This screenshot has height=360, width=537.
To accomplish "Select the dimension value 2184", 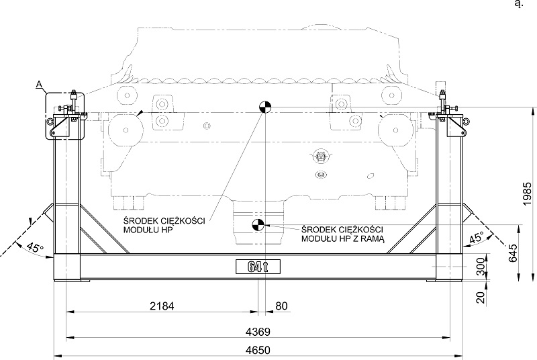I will coord(161,306).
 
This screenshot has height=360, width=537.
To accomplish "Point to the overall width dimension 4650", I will coord(259,351).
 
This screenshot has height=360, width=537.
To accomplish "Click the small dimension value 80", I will coord(281,306).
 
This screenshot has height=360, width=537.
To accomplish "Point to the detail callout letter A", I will coord(40,84).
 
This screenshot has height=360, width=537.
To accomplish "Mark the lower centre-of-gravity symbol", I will coord(256,226).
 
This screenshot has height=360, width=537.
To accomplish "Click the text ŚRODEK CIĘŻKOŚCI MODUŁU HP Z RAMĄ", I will coord(342,234).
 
